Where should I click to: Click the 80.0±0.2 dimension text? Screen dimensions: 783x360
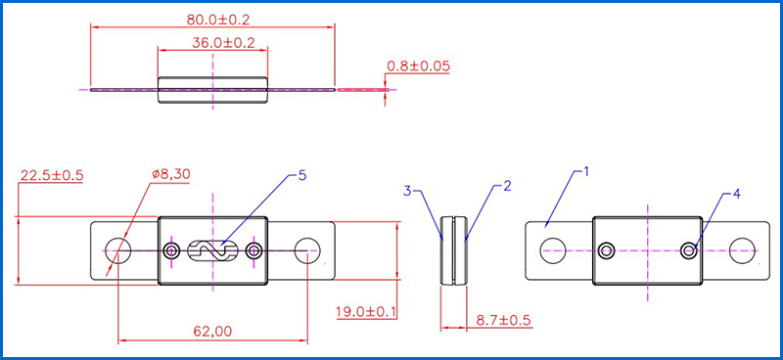click(x=217, y=20)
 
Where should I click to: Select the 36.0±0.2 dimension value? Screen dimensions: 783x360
click(x=223, y=42)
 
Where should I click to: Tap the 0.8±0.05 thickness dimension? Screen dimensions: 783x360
click(x=419, y=66)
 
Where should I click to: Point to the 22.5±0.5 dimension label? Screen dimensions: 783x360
click(x=51, y=176)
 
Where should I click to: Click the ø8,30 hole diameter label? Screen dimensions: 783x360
click(x=170, y=175)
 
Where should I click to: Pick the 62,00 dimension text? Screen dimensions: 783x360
click(x=213, y=331)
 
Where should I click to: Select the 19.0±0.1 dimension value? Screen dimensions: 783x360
click(x=366, y=313)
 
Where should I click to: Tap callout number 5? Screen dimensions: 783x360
click(x=301, y=175)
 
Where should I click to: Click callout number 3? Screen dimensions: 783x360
click(x=408, y=190)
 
